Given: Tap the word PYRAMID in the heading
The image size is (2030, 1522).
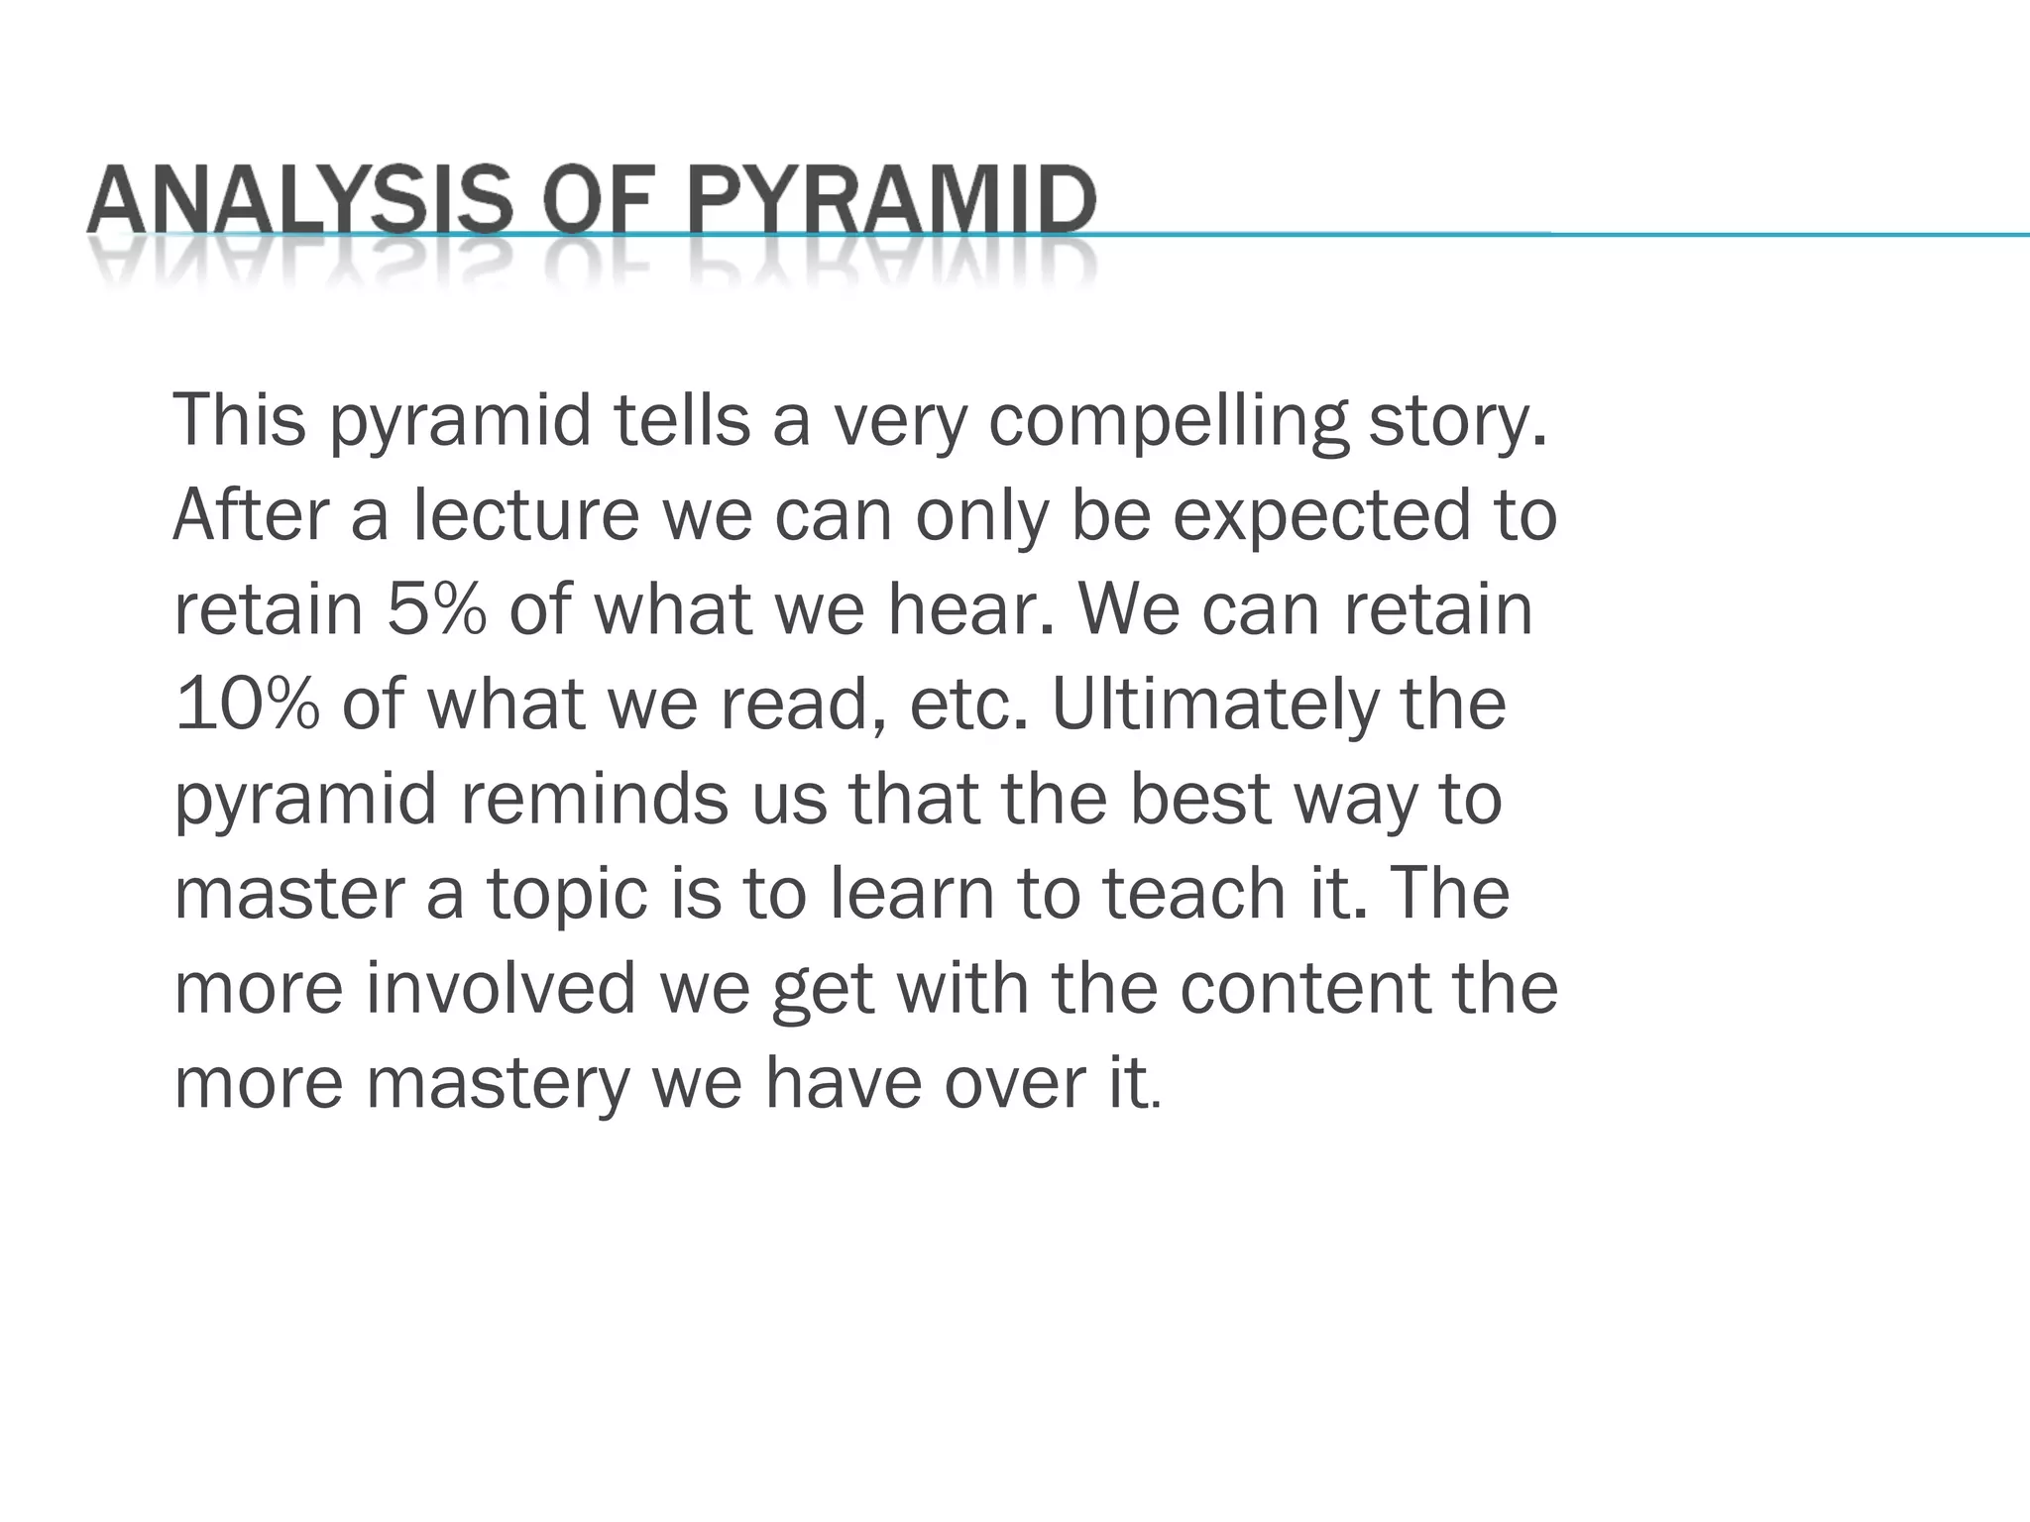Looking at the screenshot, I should click(891, 200).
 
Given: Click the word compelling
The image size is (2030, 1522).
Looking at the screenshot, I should click(1169, 422).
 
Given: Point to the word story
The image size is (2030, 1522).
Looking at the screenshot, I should click(1456, 422).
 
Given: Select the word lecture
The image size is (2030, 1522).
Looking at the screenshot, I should click(526, 515).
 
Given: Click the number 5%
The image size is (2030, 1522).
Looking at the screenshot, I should click(436, 608).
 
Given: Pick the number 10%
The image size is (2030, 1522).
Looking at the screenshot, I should click(247, 704).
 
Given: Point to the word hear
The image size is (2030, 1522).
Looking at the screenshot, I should click(969, 608).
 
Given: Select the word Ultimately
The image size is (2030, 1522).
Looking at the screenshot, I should click(1214, 706).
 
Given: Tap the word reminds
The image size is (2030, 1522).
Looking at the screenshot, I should click(594, 799).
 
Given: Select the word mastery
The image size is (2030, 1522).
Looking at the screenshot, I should click(498, 1084).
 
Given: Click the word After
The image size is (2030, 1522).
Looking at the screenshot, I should click(251, 515).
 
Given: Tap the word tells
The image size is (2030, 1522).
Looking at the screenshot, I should click(682, 420).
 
